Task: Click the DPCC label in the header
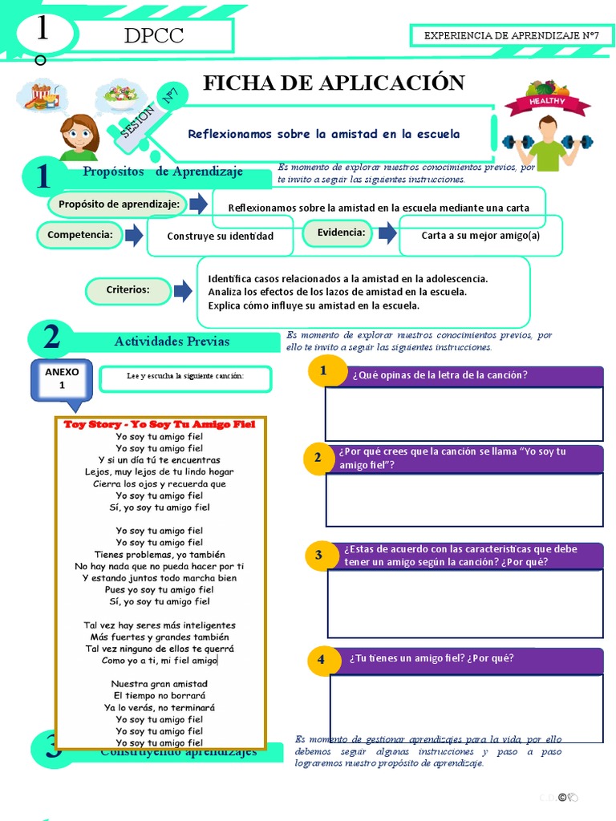pyautogui.click(x=154, y=36)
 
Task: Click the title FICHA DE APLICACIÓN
pyautogui.click(x=334, y=83)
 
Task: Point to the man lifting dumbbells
pyautogui.click(x=548, y=144)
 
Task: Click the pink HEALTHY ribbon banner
pyautogui.click(x=547, y=103)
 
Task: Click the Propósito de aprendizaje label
pyautogui.click(x=119, y=204)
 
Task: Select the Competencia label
pyautogui.click(x=79, y=235)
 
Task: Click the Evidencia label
pyautogui.click(x=341, y=233)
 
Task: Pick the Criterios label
pyautogui.click(x=128, y=289)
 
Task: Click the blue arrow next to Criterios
pyautogui.click(x=183, y=290)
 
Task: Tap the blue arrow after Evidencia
pyautogui.click(x=388, y=233)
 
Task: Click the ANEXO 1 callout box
pyautogui.click(x=62, y=378)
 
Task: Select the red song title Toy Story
pyautogui.click(x=159, y=424)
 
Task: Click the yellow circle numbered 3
pyautogui.click(x=318, y=555)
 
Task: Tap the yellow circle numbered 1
pyautogui.click(x=323, y=370)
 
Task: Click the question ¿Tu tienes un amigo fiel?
pyautogui.click(x=431, y=659)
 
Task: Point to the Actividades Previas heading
pyautogui.click(x=172, y=342)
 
